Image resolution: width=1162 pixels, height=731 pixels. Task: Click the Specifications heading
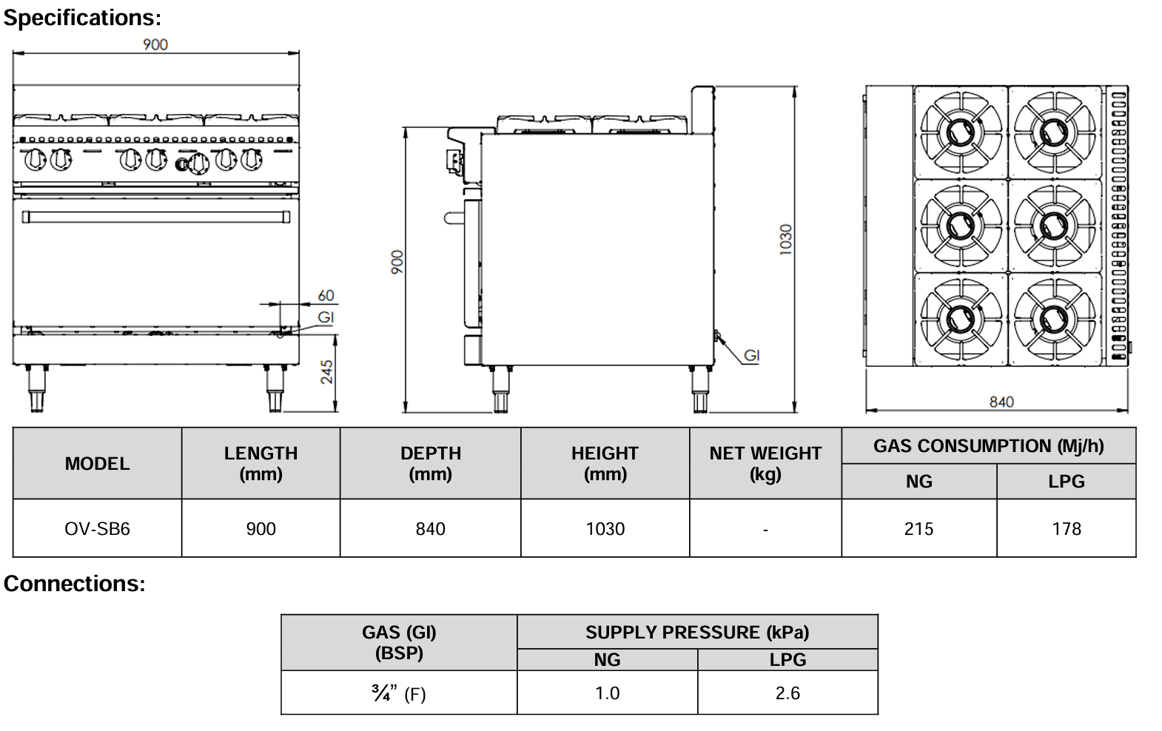click(81, 17)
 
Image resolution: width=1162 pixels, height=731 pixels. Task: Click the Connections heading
click(74, 583)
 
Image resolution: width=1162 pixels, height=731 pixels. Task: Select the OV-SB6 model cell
click(97, 529)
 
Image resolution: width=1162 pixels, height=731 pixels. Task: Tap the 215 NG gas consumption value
click(918, 529)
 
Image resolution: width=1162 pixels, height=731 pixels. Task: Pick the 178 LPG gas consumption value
click(1066, 529)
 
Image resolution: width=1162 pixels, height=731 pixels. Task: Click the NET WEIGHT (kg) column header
click(765, 463)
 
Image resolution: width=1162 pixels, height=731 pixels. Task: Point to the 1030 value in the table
click(605, 529)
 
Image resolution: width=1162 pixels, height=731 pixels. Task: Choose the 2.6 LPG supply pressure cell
click(787, 693)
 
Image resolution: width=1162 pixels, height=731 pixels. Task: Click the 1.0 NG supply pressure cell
click(607, 693)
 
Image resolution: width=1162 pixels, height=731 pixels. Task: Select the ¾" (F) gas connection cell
click(399, 693)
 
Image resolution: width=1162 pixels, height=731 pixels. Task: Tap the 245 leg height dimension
click(326, 372)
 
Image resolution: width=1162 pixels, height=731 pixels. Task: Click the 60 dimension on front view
click(326, 295)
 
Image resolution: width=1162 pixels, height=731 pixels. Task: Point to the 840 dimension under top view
click(1001, 402)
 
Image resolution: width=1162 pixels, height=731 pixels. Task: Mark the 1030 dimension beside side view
click(786, 240)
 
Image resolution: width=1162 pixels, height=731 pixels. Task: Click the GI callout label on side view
click(751, 356)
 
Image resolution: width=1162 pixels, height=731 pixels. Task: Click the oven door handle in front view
click(155, 216)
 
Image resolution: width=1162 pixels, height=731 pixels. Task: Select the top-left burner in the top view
click(960, 132)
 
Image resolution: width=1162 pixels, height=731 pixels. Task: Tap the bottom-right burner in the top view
click(1052, 319)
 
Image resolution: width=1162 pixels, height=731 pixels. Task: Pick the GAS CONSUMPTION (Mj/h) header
click(988, 445)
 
